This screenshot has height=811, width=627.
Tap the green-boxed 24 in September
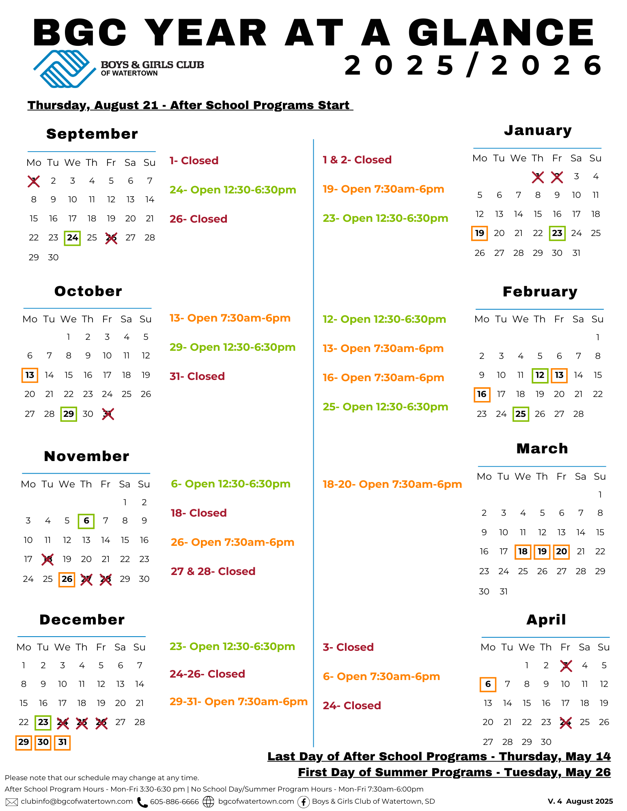[x=72, y=238]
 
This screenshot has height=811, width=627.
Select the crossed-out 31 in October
[x=108, y=414]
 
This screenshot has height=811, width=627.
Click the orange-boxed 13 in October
[x=30, y=375]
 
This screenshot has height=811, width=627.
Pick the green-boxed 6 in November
[x=86, y=521]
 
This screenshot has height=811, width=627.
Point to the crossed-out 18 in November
[x=47, y=560]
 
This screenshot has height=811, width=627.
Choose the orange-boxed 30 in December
[x=43, y=742]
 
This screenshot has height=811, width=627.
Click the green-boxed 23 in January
[x=557, y=233]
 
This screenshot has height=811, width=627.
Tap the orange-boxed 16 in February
[x=482, y=394]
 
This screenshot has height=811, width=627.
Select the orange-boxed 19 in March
[x=542, y=552]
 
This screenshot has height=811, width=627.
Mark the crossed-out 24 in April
[x=565, y=722]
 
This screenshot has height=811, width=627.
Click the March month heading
[x=542, y=449]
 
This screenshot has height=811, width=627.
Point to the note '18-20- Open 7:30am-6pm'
[x=392, y=484]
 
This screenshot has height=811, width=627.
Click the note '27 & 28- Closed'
[x=213, y=571]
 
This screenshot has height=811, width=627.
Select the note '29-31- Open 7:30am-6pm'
[x=239, y=702]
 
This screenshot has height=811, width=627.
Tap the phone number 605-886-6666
[x=175, y=802]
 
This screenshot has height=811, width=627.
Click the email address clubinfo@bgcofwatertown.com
[x=77, y=801]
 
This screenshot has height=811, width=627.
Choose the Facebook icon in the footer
[x=303, y=802]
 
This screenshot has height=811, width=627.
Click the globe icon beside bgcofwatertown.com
[x=208, y=802]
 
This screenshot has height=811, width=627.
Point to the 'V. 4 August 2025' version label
[x=580, y=801]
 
